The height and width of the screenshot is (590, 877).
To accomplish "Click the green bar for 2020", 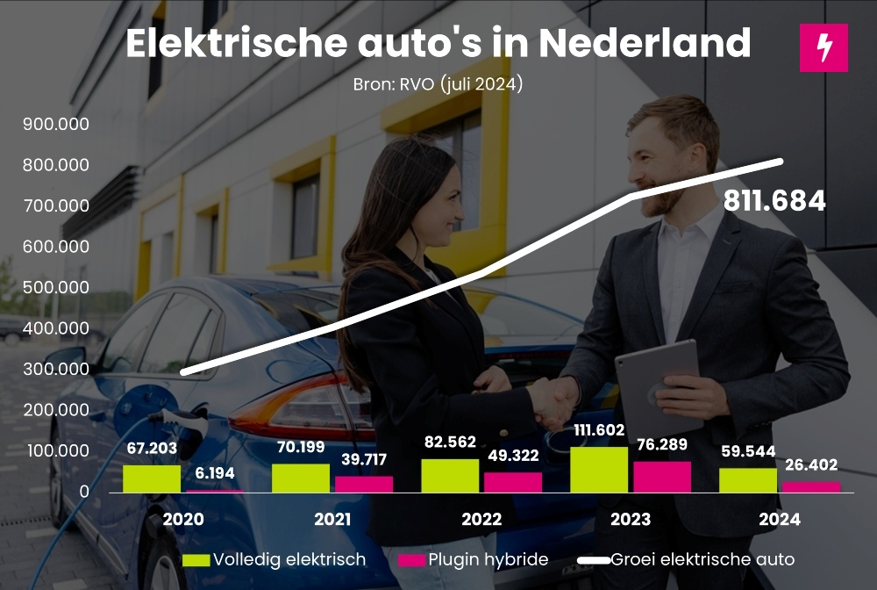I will click(x=152, y=478).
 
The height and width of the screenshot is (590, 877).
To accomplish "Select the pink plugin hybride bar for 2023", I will click(x=662, y=477).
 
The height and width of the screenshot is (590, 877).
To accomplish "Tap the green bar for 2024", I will click(x=748, y=480).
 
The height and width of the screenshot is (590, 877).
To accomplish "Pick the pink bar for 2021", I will click(x=364, y=484).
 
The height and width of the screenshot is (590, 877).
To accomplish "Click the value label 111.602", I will click(x=599, y=430).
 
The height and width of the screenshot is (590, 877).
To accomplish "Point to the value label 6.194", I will click(x=214, y=473).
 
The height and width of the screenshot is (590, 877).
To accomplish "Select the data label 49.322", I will click(x=512, y=456).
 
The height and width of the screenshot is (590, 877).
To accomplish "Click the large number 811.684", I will click(x=774, y=201).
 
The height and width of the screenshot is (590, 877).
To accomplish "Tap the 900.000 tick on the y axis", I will click(x=56, y=125).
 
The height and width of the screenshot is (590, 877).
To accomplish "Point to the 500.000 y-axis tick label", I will click(x=56, y=287).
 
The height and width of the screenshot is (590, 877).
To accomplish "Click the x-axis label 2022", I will click(x=482, y=520).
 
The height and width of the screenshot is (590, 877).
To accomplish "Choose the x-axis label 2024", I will click(x=780, y=520).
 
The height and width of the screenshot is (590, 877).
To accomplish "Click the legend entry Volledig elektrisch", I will click(x=275, y=559).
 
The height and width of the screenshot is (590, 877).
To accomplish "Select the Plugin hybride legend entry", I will click(x=474, y=559).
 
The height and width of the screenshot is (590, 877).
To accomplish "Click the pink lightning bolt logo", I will click(x=824, y=47).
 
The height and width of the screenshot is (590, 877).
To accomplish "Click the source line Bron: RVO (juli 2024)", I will click(x=438, y=85).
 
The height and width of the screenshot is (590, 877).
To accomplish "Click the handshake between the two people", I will click(x=551, y=402).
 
